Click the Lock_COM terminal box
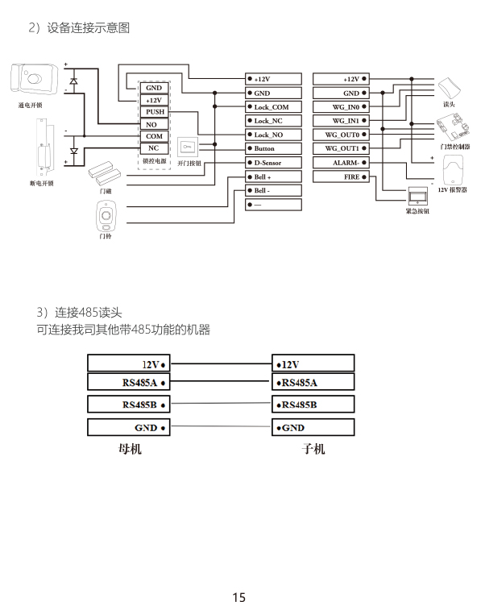pos(273,106)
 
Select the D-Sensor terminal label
pos(267,163)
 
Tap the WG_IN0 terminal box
pos(341,106)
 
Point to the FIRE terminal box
pos(341,176)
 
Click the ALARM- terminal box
pos(341,163)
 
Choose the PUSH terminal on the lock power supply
pos(155,112)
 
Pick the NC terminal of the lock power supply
pos(155,148)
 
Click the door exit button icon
pos(188,147)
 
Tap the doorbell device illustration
pos(106,216)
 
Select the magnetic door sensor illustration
pos(105,173)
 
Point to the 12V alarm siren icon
pos(453,170)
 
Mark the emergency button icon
pos(417,196)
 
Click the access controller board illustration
pos(454,128)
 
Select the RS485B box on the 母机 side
pos(129,405)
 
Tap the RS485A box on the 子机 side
pos(313,382)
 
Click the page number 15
pos(238,596)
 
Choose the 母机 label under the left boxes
pos(130,448)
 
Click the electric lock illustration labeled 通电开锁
pos(35,79)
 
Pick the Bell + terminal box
pos(273,176)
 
